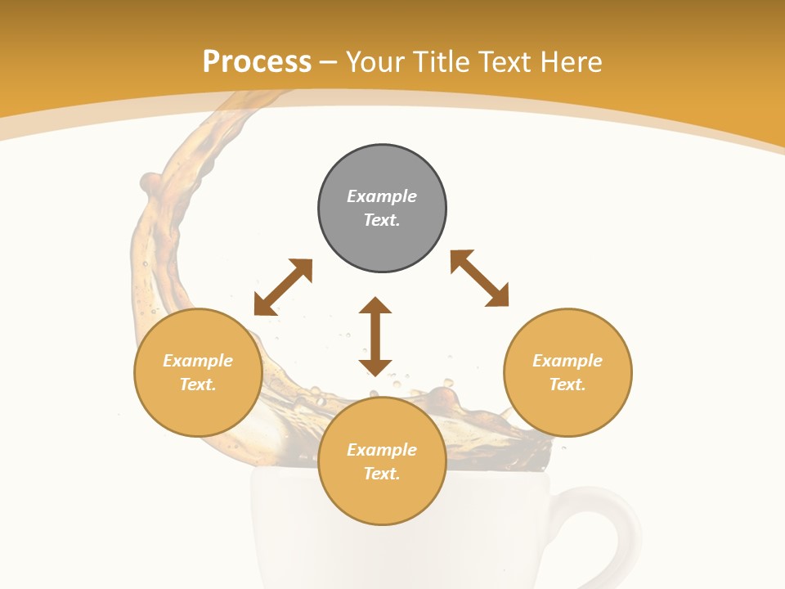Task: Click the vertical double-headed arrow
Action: (375, 336)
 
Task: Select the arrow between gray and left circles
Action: (283, 287)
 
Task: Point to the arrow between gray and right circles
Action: (479, 278)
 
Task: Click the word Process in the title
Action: (257, 61)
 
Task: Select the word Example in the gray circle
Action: (382, 196)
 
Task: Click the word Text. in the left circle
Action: (198, 384)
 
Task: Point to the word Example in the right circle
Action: (567, 361)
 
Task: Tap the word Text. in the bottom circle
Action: (382, 474)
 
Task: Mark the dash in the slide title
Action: (329, 63)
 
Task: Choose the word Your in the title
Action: (374, 61)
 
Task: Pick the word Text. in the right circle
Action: (567, 384)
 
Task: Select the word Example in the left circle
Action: (198, 361)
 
